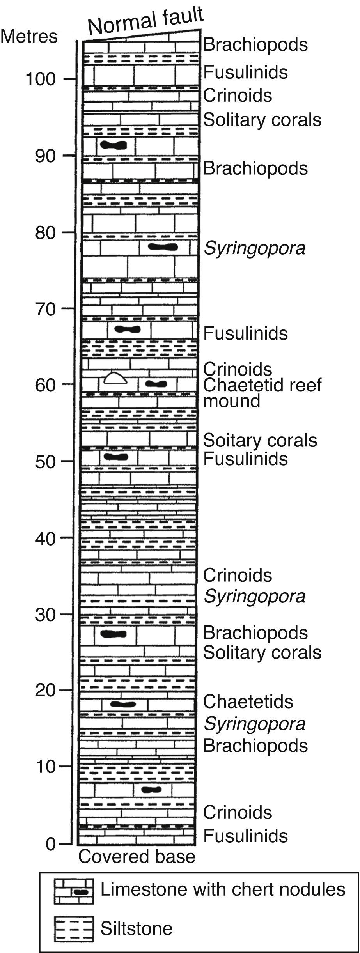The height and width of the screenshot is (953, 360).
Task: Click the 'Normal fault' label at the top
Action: (145, 21)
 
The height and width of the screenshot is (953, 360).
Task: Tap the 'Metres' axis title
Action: (29, 37)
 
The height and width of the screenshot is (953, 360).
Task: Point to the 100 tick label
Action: (41, 79)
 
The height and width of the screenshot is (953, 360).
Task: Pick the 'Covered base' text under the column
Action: (137, 857)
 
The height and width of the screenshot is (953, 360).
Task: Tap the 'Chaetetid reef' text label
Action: (262, 385)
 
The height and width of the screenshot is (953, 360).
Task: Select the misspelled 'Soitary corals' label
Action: (260, 440)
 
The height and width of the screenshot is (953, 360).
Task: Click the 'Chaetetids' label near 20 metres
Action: (248, 701)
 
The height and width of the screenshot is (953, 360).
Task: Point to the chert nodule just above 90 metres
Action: (113, 145)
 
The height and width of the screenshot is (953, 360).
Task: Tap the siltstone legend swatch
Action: (74, 928)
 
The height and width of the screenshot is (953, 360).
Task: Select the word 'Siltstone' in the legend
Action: (137, 928)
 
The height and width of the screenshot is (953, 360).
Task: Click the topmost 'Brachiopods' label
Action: (255, 44)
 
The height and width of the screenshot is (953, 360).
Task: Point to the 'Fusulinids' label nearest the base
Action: (245, 836)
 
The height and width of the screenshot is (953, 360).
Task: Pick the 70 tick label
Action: (41, 309)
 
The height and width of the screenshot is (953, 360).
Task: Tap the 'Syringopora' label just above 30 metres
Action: (254, 596)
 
